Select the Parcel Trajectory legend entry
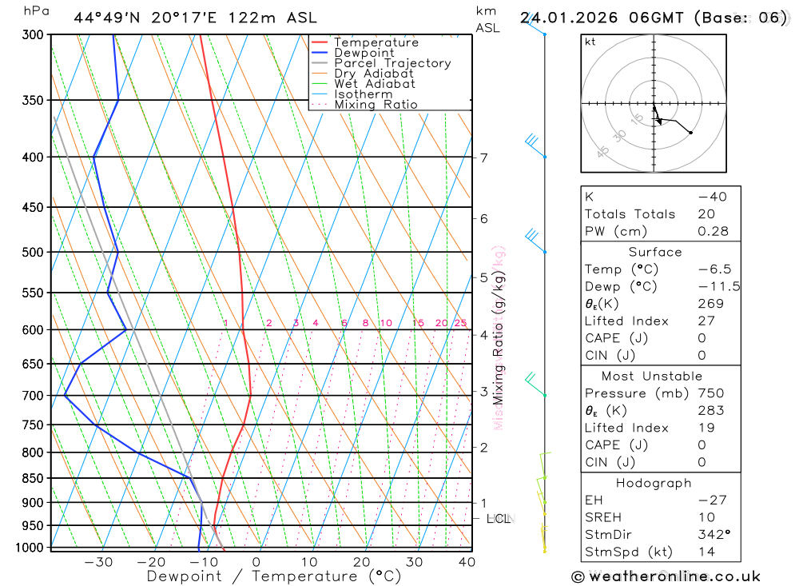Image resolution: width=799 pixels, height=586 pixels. pos(392,63)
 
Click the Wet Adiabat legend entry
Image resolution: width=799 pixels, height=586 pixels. pos(375,84)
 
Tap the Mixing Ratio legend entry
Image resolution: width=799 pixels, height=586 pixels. pos(376,105)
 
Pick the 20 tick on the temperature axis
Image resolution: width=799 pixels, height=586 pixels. pos(361,562)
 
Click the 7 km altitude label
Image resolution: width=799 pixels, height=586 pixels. pos(484,157)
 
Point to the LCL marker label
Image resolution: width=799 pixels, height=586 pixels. pos(499,520)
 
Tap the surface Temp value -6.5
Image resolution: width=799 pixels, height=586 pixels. pos(714,269)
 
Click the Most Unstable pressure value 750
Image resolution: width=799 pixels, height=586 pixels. pos(710,393)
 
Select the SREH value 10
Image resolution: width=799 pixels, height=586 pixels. pos(706,517)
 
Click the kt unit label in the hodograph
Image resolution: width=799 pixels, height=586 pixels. pos(590,42)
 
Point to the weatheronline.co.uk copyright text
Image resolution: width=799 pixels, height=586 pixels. pos(666,576)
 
